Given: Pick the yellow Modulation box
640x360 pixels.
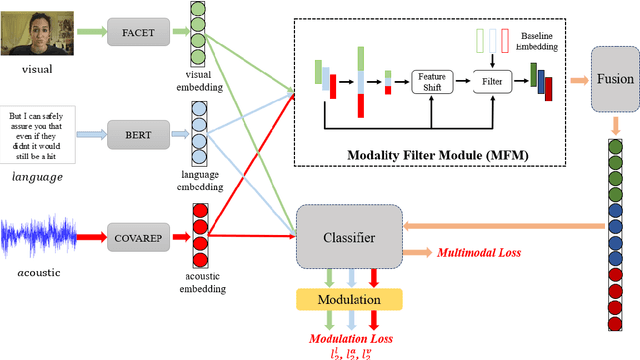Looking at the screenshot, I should point(348,299).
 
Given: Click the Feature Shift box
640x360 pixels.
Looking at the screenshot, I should point(432,82).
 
